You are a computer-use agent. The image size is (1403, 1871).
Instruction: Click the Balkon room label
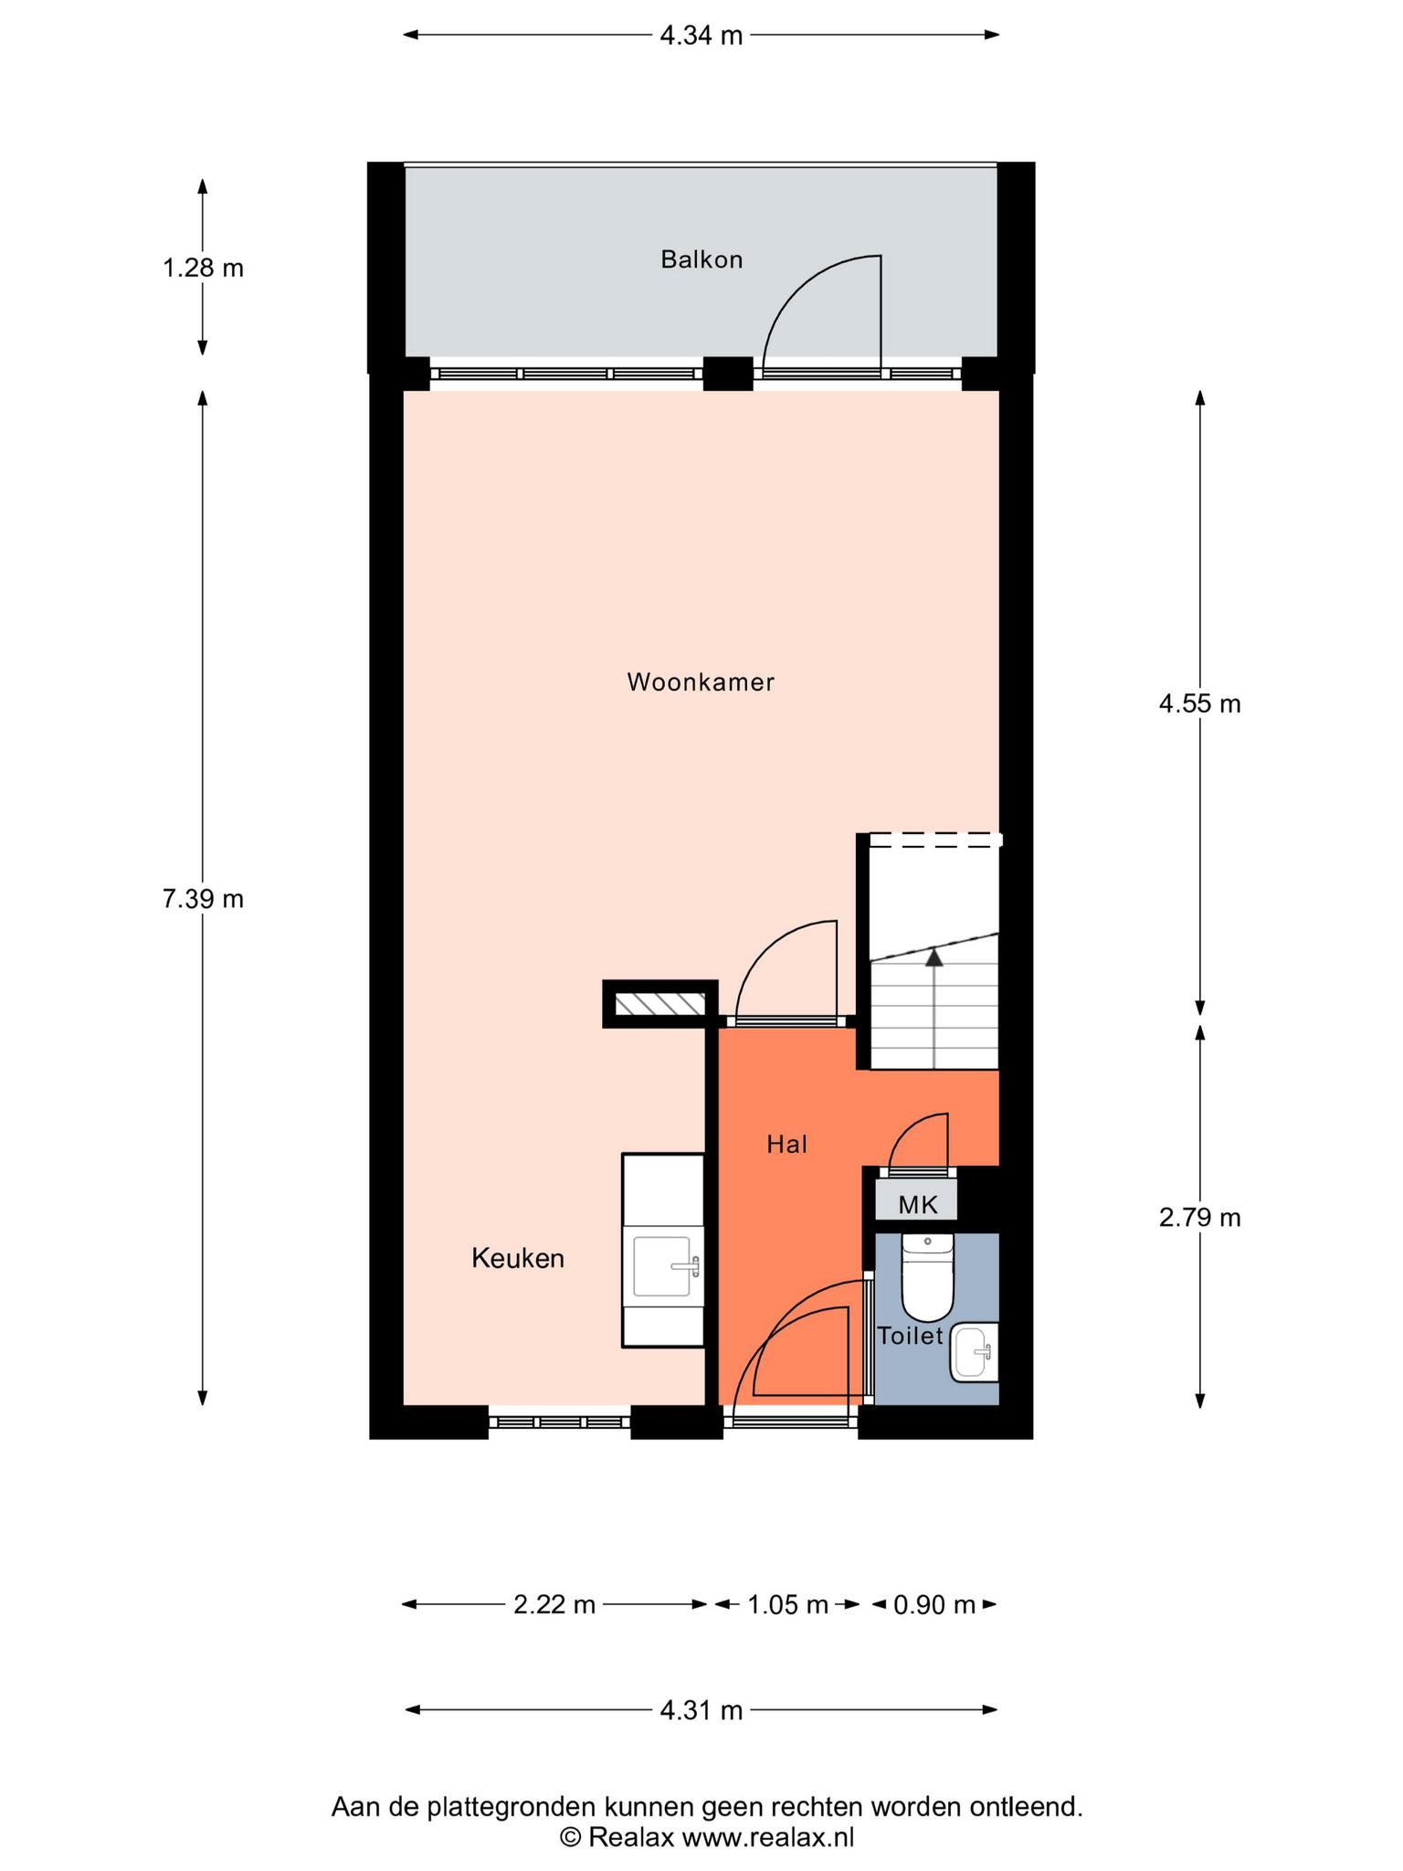[701, 260]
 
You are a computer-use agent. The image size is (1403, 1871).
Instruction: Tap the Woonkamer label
[701, 682]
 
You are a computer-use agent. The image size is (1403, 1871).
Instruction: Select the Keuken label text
[518, 1259]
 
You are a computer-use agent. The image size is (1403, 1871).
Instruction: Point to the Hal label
[786, 1144]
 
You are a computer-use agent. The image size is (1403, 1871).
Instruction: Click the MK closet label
[918, 1205]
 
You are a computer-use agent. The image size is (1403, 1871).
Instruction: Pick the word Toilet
[910, 1337]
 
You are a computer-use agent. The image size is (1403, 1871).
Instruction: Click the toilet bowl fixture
[927, 1277]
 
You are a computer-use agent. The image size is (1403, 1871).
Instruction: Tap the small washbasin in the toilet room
[975, 1352]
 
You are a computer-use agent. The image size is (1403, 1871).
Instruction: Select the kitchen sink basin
[662, 1266]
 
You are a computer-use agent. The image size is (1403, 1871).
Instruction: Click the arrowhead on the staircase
[934, 957]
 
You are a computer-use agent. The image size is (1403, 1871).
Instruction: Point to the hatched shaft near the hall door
[660, 1004]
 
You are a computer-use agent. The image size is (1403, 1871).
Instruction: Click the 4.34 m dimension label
[701, 36]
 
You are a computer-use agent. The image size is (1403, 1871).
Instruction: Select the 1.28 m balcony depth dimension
[203, 269]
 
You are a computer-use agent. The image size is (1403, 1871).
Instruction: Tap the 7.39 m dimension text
[203, 899]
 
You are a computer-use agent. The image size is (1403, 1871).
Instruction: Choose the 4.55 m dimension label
[1199, 703]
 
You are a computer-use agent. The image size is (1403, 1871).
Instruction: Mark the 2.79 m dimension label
[1199, 1218]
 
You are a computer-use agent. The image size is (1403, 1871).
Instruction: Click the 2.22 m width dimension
[554, 1604]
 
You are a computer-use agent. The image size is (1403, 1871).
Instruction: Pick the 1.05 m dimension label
[787, 1604]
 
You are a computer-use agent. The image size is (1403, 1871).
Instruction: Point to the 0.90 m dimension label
[934, 1604]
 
